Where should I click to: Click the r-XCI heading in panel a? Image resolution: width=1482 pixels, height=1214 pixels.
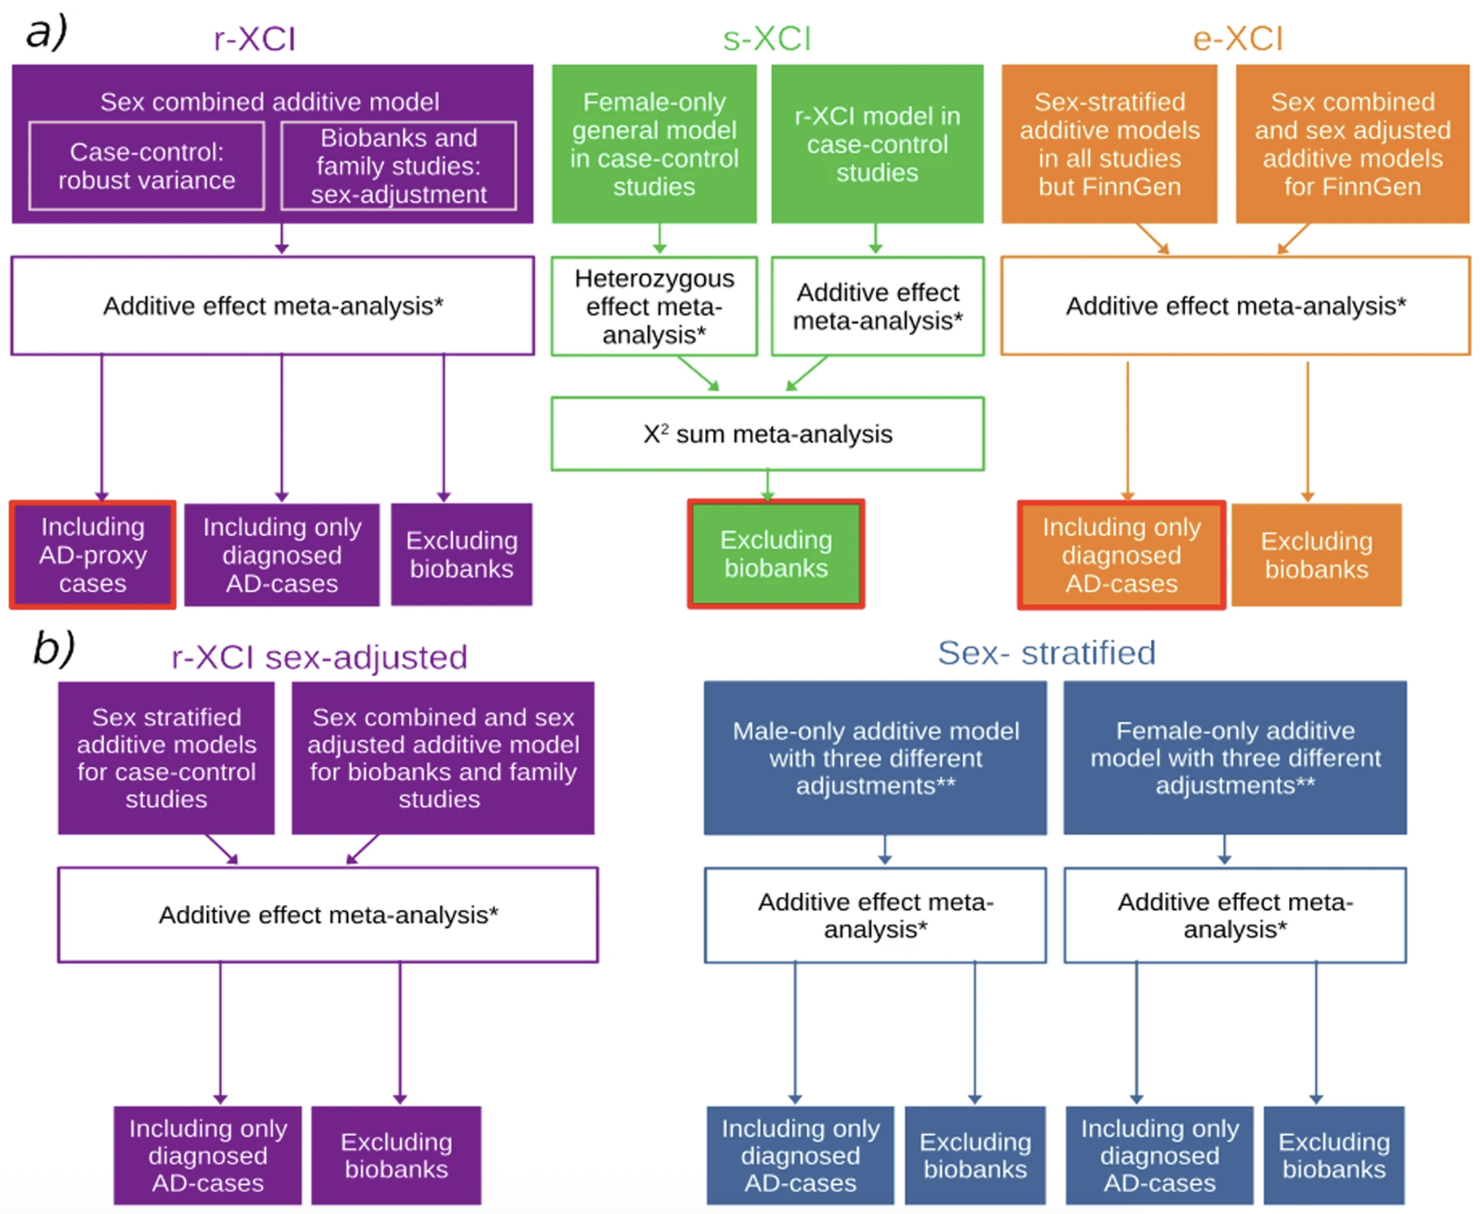[255, 40]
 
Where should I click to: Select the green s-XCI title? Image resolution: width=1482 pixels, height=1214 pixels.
[767, 40]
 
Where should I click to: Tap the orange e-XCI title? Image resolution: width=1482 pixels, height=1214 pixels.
[1237, 40]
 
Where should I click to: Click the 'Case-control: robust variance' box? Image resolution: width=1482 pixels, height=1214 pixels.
[147, 166]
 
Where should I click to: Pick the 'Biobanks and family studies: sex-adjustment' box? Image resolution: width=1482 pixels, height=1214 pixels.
[398, 166]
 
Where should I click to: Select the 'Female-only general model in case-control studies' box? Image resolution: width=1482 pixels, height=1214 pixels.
[654, 144]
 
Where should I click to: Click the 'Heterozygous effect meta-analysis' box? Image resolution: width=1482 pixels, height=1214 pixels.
[654, 307]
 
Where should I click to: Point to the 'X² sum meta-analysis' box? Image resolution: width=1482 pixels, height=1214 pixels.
[767, 434]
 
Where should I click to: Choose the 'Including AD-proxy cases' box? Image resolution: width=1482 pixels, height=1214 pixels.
[93, 555]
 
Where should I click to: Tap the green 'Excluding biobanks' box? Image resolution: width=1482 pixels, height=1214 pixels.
[775, 554]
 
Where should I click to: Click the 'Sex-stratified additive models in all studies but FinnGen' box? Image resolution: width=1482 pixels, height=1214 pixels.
[1109, 144]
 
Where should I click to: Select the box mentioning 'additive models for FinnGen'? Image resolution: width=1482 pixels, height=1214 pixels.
[1352, 144]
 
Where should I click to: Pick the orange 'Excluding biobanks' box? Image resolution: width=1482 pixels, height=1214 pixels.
[1316, 555]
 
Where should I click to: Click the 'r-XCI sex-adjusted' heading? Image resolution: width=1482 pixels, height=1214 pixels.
[319, 657]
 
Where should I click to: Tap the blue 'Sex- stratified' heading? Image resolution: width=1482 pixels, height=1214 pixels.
[1046, 653]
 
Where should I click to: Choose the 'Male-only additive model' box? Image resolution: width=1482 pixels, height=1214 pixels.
[875, 758]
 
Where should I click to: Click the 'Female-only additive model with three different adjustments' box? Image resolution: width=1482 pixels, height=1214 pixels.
[1234, 758]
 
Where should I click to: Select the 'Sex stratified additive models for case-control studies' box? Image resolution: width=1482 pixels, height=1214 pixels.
[167, 758]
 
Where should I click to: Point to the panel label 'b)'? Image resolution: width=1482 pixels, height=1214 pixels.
[53, 648]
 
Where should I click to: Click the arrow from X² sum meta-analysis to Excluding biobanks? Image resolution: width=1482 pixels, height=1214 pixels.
[768, 485]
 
